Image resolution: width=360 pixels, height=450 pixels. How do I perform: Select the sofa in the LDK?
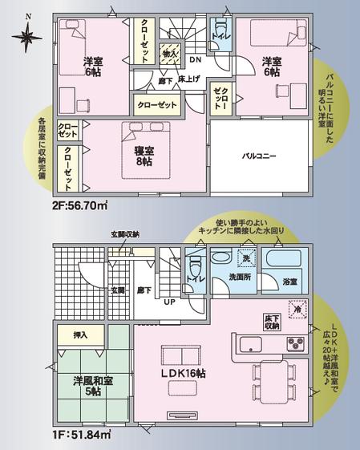(x=183, y=355)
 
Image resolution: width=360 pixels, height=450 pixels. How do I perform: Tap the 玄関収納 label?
(x=124, y=234)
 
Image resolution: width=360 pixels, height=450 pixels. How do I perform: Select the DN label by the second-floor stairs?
(x=195, y=59)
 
